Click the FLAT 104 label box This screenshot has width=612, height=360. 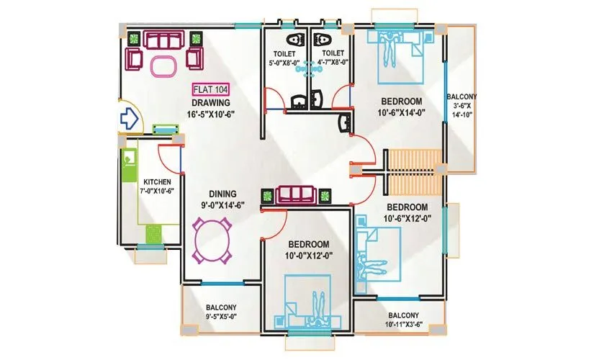click(x=211, y=90)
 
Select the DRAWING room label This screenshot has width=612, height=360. click(x=211, y=103)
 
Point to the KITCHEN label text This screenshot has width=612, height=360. click(x=157, y=182)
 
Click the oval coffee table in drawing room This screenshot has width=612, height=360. click(x=162, y=65)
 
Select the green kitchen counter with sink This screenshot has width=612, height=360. click(x=130, y=166)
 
